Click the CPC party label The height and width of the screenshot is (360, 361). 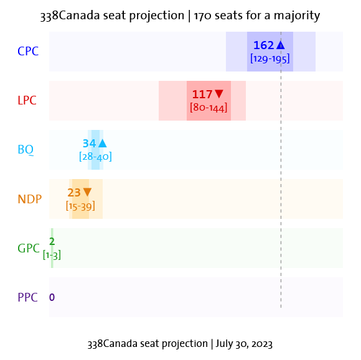(x=28, y=52)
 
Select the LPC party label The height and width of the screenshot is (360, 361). (x=28, y=101)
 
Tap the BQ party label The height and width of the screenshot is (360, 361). (x=26, y=150)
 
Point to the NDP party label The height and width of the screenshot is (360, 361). (x=29, y=199)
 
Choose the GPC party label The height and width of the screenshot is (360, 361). (x=29, y=248)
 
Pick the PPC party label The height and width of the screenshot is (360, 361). (x=28, y=297)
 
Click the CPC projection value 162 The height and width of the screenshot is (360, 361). (x=263, y=45)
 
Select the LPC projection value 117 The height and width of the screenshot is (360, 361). (x=202, y=95)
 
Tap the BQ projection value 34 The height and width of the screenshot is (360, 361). (x=89, y=144)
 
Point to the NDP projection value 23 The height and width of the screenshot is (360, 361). (x=74, y=193)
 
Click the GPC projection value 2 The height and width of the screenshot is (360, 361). (x=52, y=242)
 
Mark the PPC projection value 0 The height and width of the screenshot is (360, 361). (x=52, y=297)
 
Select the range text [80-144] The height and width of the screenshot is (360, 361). (x=209, y=108)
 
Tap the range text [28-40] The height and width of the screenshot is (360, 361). (x=95, y=157)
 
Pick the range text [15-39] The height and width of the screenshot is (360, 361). (x=80, y=206)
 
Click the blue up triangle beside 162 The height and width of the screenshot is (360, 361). (x=281, y=45)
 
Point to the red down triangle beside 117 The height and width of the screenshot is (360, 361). (x=219, y=95)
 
